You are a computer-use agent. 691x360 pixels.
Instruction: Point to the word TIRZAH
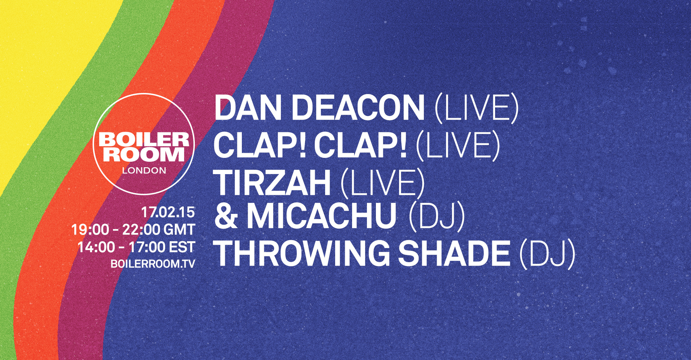[273, 182]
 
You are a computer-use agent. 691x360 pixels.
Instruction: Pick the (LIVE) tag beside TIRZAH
[382, 182]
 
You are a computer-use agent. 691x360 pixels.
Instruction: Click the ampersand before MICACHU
[226, 216]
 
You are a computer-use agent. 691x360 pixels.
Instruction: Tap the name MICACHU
[321, 216]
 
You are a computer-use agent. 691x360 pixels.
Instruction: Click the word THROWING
[302, 253]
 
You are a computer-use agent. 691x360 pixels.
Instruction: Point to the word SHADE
[454, 253]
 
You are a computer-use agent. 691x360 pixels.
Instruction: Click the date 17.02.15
[168, 212]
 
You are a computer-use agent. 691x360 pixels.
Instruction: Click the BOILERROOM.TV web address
[153, 264]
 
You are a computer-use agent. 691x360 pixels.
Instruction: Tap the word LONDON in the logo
[144, 170]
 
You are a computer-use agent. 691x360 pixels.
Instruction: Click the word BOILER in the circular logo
[144, 140]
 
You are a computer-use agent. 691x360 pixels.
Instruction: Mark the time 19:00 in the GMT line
[90, 230]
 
